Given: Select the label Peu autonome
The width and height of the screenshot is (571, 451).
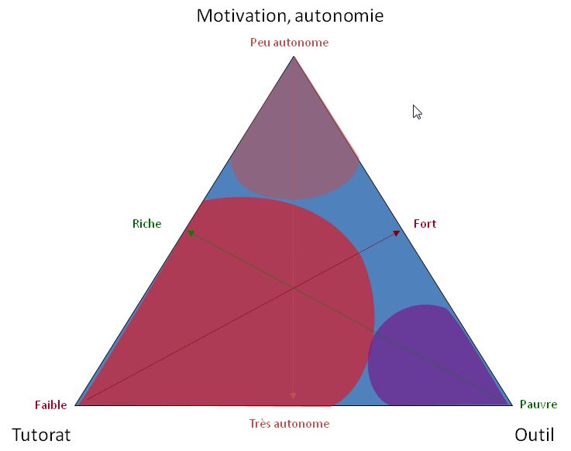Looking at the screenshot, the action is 290,43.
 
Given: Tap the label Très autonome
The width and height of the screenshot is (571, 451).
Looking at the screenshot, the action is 290,424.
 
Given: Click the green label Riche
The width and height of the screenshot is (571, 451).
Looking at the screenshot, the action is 146,224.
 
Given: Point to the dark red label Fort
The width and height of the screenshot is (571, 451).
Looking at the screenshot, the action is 425,224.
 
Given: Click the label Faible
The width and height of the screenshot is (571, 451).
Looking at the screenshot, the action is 51,405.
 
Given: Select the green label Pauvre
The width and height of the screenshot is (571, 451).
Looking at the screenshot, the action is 538,405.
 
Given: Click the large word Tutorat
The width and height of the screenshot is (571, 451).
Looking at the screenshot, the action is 42,435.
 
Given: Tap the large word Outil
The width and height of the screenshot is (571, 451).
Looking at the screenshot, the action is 535,435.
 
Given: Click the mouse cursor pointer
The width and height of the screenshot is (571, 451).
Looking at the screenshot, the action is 417,112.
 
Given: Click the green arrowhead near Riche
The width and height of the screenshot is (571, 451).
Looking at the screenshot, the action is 191,233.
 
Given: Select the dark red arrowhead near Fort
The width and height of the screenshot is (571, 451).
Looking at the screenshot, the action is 397,233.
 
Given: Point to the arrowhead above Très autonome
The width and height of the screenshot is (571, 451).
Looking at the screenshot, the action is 293,396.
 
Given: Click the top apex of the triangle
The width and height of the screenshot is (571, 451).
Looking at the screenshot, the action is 294,57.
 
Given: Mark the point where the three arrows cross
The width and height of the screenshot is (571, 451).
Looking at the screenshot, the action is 293,289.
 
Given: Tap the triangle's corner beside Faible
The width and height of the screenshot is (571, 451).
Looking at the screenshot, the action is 75,405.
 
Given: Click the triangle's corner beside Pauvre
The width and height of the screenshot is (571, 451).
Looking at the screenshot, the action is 512,405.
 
